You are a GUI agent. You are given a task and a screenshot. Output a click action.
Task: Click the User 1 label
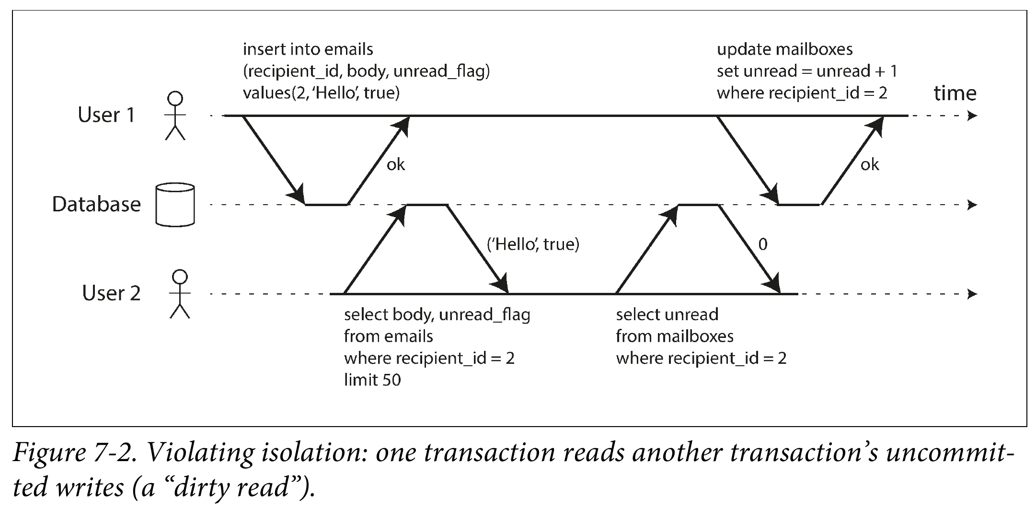tap(106, 115)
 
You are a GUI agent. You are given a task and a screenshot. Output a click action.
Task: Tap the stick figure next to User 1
tap(175, 116)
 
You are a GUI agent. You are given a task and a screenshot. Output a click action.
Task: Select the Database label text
tap(96, 205)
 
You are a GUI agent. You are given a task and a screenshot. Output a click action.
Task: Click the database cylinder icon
tap(175, 204)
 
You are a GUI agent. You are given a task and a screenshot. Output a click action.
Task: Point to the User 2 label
tap(111, 293)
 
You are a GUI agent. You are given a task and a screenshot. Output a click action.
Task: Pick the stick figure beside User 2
tap(180, 294)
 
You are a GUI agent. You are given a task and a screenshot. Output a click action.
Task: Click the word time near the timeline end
tap(955, 93)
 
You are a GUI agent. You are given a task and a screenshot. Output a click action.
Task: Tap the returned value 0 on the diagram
tap(763, 244)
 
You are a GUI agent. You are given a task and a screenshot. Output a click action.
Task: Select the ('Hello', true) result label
tap(533, 244)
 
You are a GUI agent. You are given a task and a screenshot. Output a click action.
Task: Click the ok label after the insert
tap(396, 165)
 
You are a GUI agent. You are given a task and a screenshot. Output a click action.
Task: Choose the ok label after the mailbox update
tap(870, 165)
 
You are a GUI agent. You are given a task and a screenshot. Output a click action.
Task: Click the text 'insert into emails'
tap(308, 49)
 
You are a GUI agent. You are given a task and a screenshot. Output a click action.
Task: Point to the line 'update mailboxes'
tap(785, 49)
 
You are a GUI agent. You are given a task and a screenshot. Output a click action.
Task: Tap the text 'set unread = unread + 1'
tap(807, 71)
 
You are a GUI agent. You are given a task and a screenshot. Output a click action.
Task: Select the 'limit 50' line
tap(372, 380)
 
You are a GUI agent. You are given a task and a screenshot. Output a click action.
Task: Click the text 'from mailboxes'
tap(675, 336)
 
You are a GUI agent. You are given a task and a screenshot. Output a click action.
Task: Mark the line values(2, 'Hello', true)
tap(321, 93)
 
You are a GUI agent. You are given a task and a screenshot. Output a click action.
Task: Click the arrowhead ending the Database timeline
tap(972, 205)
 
